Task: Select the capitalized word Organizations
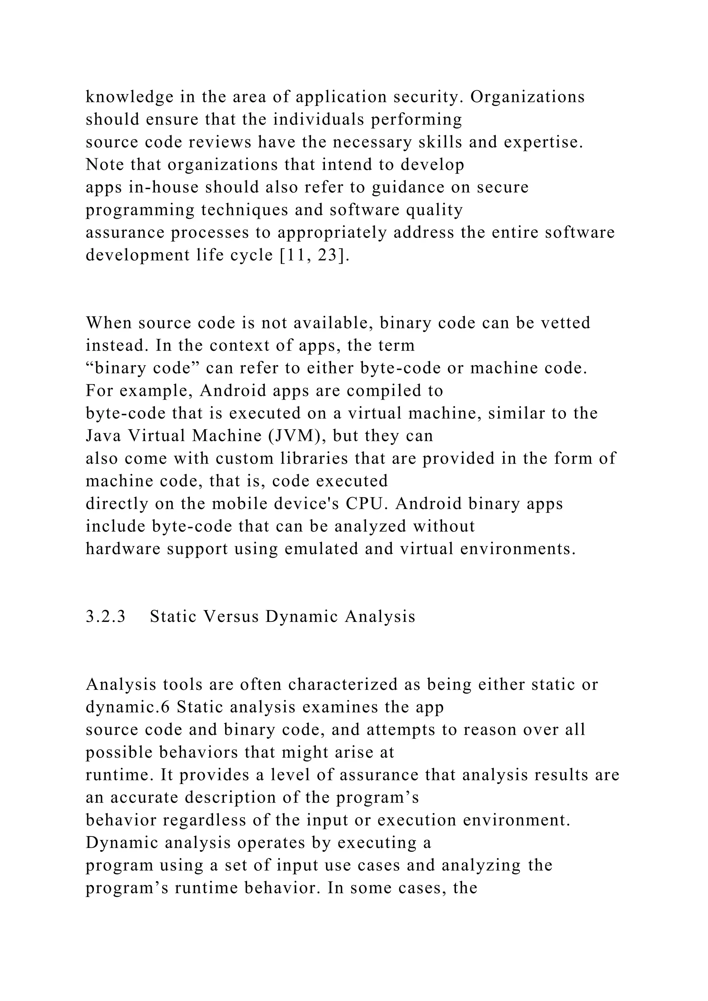(x=527, y=97)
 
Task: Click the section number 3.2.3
(x=105, y=617)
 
